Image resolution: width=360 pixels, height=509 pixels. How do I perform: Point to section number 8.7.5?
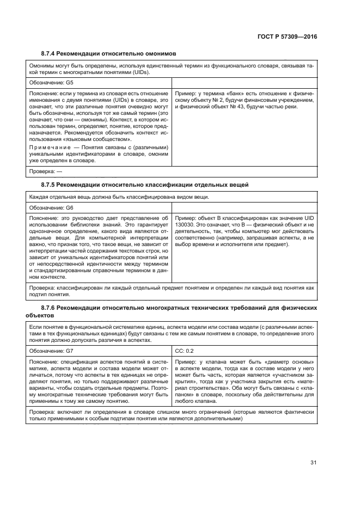50,186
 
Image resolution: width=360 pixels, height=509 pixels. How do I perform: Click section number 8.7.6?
50,308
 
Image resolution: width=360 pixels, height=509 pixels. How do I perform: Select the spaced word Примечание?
49,148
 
